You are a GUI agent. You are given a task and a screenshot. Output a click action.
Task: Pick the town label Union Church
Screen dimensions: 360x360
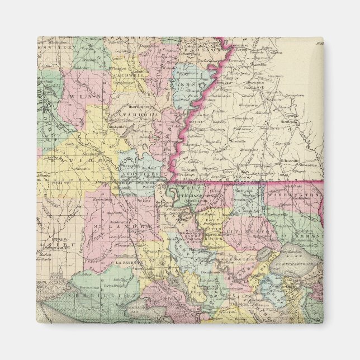(x=244, y=117)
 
